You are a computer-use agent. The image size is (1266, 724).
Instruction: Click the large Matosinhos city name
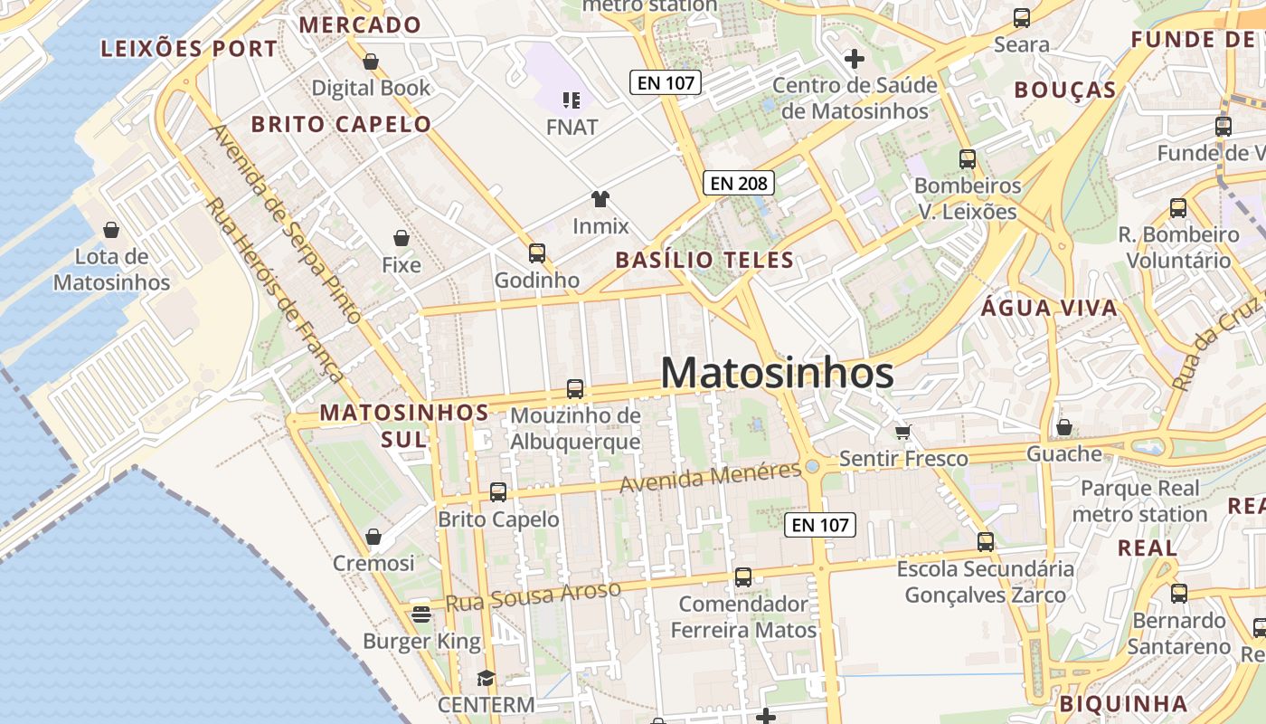[778, 373]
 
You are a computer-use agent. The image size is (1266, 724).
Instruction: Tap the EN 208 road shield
[739, 184]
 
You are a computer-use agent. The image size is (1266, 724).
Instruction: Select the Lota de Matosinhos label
[111, 270]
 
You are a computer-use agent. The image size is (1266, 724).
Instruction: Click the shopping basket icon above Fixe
[402, 238]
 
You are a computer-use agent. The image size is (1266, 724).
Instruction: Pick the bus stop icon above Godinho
[537, 253]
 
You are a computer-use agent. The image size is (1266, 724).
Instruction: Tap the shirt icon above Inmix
[600, 199]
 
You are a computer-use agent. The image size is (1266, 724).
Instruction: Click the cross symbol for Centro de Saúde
[854, 60]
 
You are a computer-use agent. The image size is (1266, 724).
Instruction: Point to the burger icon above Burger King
[421, 614]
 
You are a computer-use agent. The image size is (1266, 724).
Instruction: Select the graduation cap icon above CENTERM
[487, 678]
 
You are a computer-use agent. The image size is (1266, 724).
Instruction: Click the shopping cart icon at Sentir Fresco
[902, 431]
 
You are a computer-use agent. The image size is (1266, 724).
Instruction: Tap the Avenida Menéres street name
[711, 476]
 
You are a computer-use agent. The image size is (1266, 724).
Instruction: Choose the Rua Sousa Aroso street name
[534, 597]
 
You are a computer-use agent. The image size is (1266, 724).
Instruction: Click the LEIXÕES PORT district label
[189, 49]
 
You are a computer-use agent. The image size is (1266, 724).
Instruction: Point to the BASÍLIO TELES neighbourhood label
[704, 261]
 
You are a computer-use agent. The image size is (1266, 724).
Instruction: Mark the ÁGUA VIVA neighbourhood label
[1049, 308]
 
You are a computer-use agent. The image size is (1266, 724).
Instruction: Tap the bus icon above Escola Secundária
[986, 542]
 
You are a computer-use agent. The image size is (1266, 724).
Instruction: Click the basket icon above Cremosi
[373, 537]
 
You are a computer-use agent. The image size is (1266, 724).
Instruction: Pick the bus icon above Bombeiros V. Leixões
[968, 159]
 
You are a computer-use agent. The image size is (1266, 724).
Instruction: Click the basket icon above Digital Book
[371, 62]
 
